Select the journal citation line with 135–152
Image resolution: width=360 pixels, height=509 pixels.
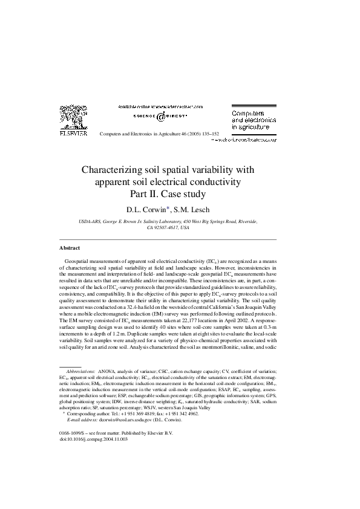[159, 134]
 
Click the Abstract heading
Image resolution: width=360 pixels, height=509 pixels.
[70, 248]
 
